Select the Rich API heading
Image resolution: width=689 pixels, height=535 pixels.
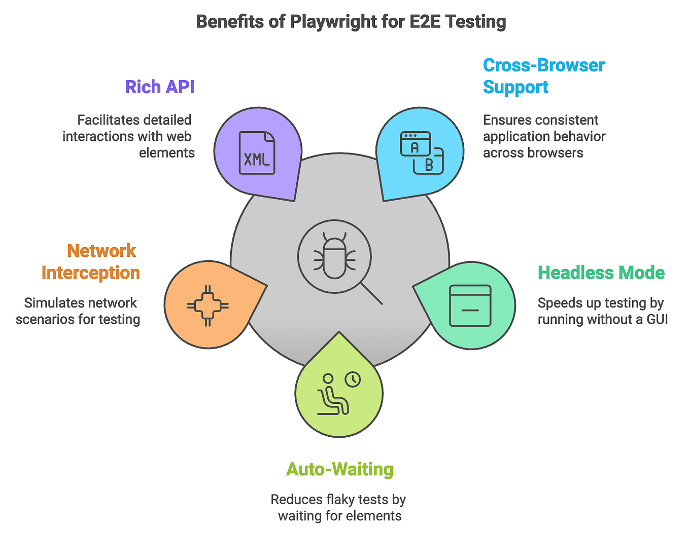tap(160, 87)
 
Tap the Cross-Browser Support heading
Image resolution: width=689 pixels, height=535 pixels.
tap(543, 76)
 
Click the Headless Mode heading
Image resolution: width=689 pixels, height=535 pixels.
tap(601, 273)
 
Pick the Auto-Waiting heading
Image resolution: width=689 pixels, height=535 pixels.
tap(339, 469)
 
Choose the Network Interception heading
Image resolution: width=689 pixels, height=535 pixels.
tap(91, 262)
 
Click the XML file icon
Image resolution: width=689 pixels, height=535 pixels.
tap(257, 153)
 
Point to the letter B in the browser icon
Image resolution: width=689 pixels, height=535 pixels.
tap(429, 165)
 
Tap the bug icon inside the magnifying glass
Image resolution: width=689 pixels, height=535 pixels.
tap(334, 256)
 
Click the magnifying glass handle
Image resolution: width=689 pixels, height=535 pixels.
tap(371, 294)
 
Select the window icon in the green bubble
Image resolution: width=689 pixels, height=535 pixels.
tap(470, 305)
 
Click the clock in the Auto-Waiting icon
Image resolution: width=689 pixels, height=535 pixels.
tap(353, 379)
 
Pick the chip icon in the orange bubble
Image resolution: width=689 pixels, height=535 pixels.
tap(208, 305)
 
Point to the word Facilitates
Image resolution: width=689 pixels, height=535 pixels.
tap(109, 120)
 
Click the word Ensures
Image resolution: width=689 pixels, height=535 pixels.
tap(505, 120)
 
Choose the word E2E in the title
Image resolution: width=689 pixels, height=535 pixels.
tap(423, 22)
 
